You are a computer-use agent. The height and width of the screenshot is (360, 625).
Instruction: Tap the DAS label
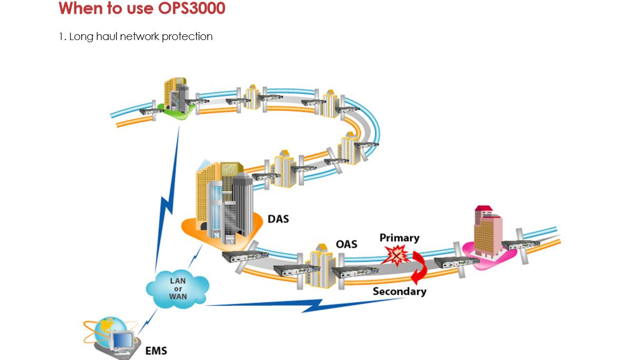tap(278, 218)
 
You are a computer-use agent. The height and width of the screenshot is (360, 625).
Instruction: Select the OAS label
tap(347, 244)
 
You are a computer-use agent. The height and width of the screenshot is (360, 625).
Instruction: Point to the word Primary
tap(399, 238)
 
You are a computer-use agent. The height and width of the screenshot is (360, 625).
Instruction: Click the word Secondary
tap(399, 291)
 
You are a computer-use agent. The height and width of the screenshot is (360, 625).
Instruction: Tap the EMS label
tap(156, 350)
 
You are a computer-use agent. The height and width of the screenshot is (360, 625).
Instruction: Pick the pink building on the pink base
tap(487, 232)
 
